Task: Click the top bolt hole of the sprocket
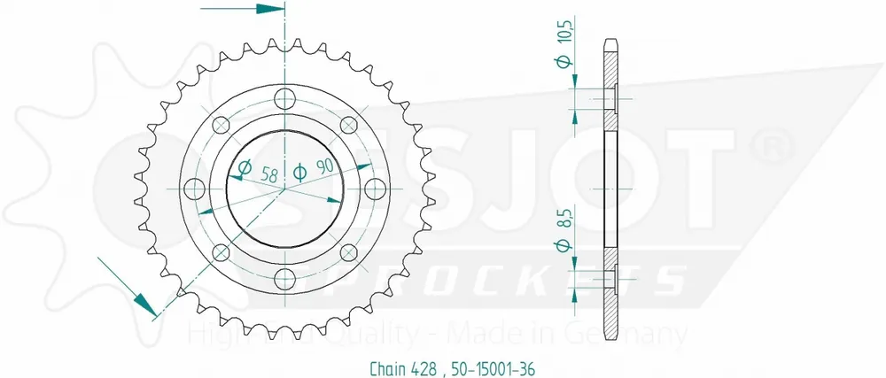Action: [x=284, y=97]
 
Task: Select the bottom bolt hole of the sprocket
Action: [x=284, y=280]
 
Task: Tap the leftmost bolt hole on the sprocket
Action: [x=193, y=189]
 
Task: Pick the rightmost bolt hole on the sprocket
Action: [x=376, y=189]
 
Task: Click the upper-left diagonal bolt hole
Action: [x=221, y=124]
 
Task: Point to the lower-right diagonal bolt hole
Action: [x=349, y=253]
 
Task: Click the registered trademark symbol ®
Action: [x=766, y=143]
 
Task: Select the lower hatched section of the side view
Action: [x=612, y=301]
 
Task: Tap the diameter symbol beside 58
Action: [x=245, y=168]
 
